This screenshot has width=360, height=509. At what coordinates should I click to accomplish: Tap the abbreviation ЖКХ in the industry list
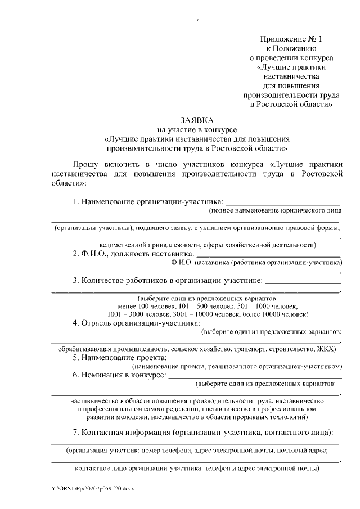click(325, 349)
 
